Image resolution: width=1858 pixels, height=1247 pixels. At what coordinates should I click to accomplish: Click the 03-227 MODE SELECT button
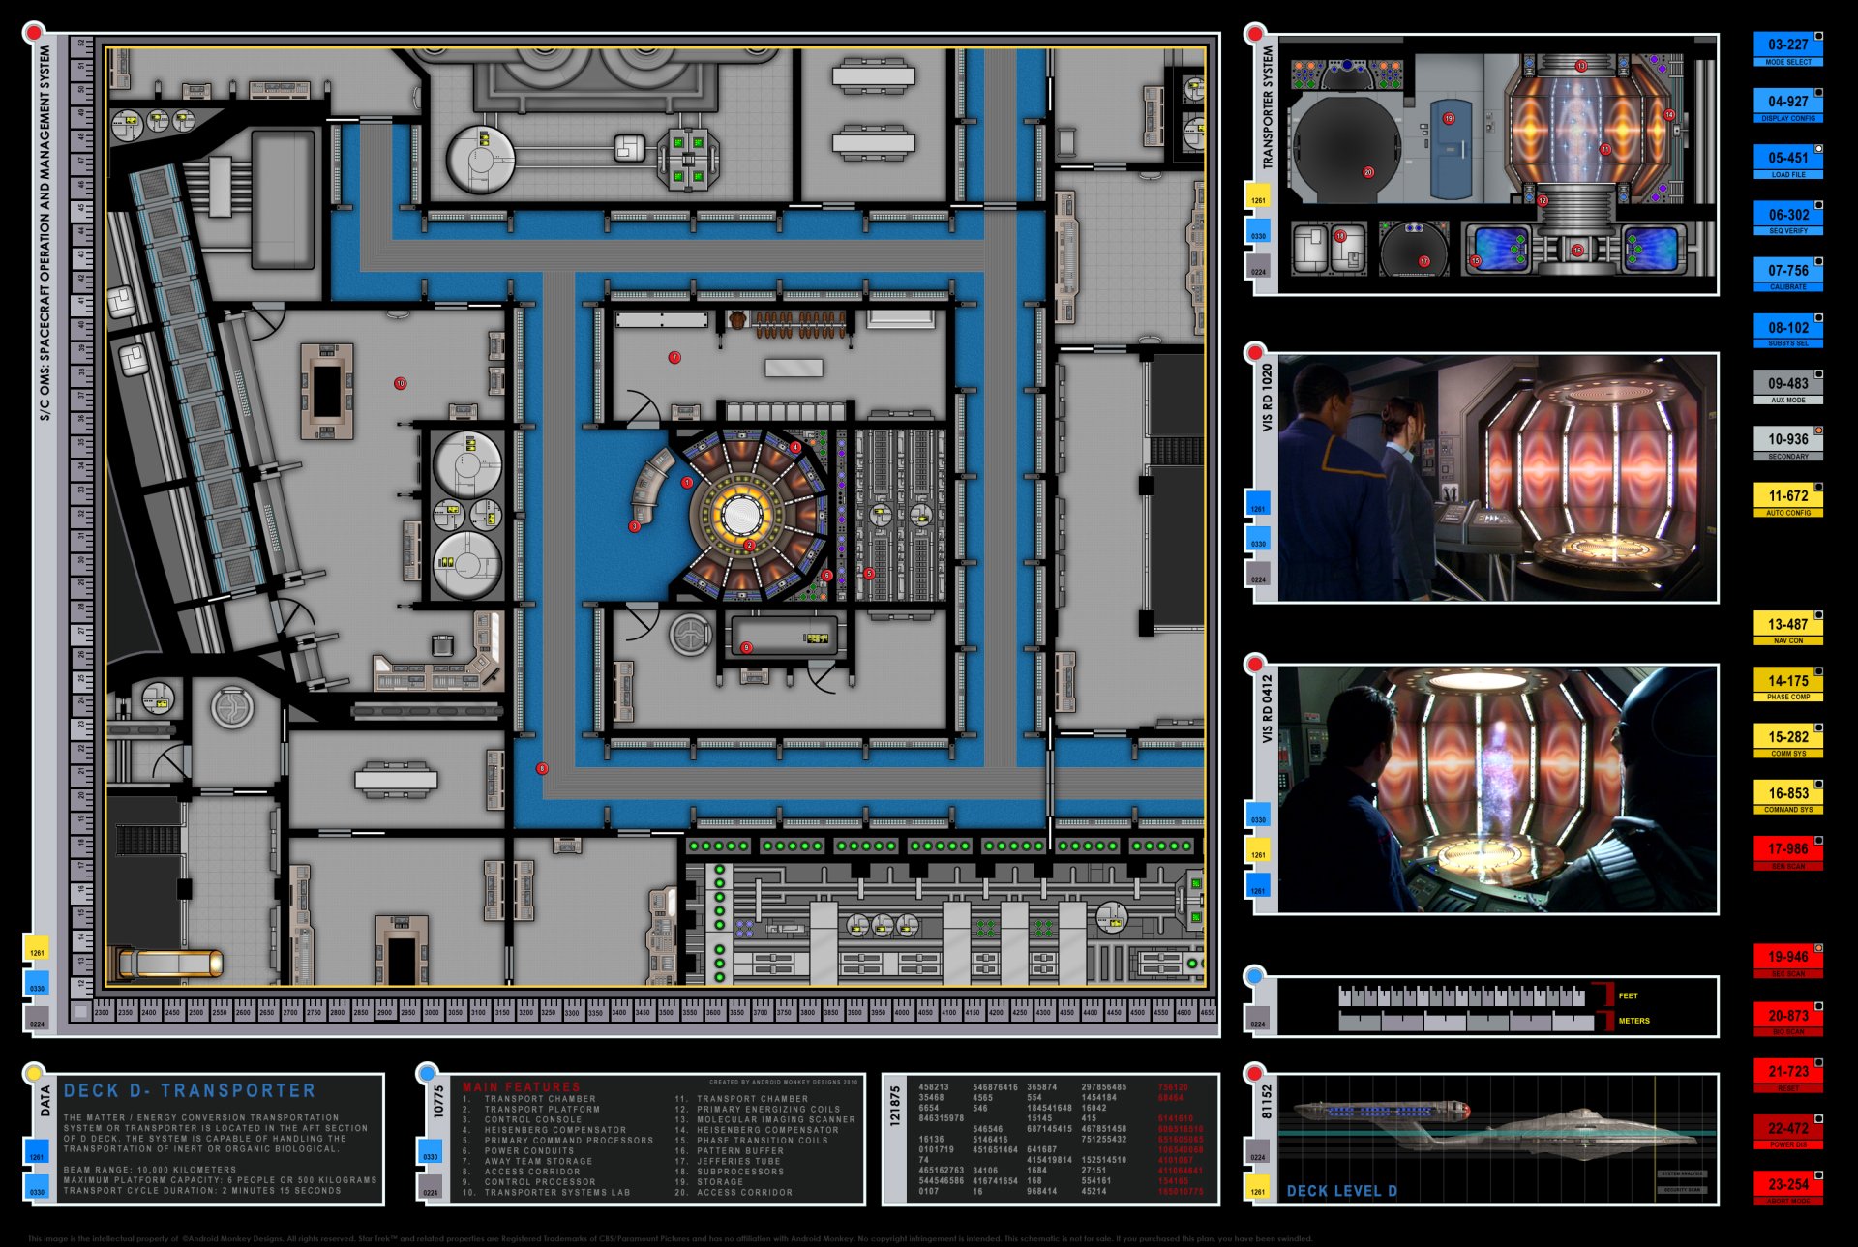pyautogui.click(x=1787, y=48)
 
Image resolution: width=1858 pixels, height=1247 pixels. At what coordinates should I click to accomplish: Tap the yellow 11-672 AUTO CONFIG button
pyautogui.click(x=1787, y=499)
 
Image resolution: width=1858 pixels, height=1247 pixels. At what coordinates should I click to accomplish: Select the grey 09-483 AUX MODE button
pyautogui.click(x=1787, y=387)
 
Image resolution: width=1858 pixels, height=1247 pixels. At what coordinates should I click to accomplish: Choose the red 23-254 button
pyautogui.click(x=1787, y=1187)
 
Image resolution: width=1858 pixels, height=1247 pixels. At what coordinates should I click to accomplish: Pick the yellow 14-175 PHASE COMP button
pyautogui.click(x=1787, y=684)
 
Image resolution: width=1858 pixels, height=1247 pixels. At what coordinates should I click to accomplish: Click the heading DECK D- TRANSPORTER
pyautogui.click(x=190, y=1090)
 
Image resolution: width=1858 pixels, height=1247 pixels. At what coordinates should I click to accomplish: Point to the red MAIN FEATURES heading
pyautogui.click(x=521, y=1087)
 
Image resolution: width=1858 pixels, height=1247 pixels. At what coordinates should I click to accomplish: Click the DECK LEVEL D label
pyautogui.click(x=1341, y=1191)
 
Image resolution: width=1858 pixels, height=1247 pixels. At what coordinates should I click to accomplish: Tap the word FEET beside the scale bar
pyautogui.click(x=1628, y=995)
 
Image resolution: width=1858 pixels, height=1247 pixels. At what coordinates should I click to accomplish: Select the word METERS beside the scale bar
pyautogui.click(x=1633, y=1021)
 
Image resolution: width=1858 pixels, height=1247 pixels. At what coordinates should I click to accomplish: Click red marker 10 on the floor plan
pyautogui.click(x=400, y=383)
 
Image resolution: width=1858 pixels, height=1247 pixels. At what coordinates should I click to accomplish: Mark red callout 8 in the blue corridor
pyautogui.click(x=542, y=768)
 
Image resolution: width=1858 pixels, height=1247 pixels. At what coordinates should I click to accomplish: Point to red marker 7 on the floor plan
pyautogui.click(x=674, y=357)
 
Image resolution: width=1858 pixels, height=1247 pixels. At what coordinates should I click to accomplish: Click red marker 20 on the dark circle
pyautogui.click(x=1368, y=172)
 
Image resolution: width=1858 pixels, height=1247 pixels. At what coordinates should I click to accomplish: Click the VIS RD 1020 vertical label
pyautogui.click(x=1267, y=398)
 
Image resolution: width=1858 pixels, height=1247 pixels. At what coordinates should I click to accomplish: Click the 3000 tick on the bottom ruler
pyautogui.click(x=432, y=1012)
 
